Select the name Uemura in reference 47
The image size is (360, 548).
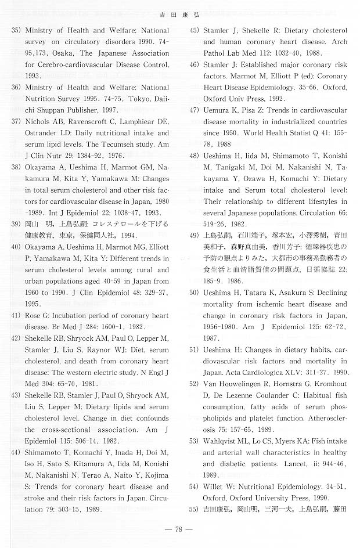[x=217, y=110]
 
